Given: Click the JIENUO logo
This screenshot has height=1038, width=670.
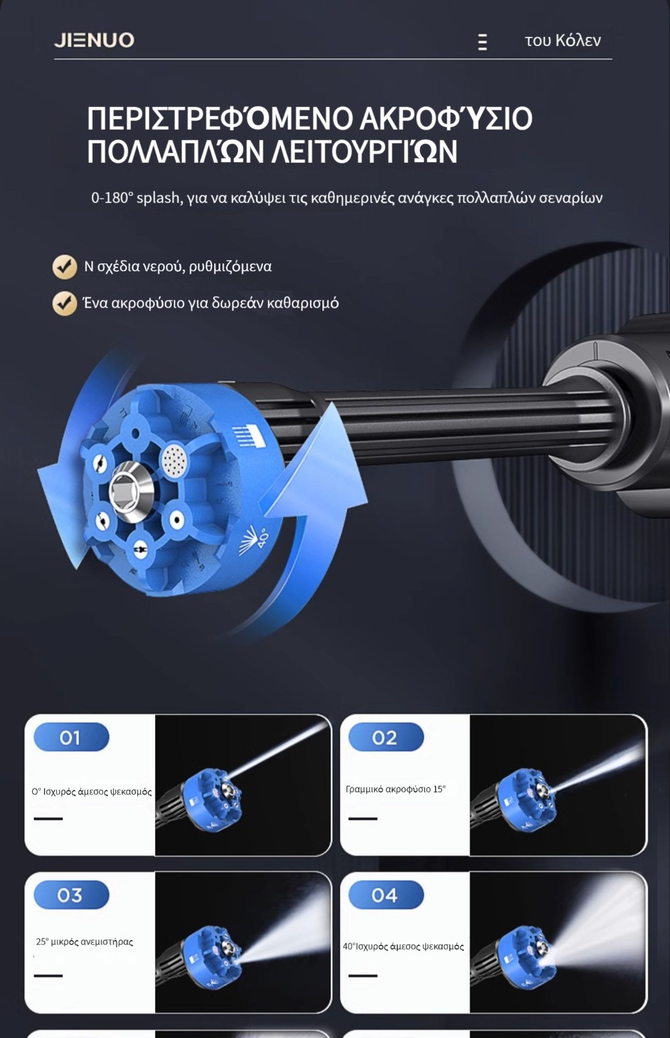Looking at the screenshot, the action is point(94,40).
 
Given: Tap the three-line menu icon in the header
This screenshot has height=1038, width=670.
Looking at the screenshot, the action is point(483,42).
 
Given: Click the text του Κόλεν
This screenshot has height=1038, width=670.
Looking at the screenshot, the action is point(562,40).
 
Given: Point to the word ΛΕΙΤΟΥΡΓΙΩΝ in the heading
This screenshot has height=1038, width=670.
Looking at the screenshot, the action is point(365,151).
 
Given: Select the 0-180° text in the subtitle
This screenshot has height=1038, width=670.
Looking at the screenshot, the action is point(112,198).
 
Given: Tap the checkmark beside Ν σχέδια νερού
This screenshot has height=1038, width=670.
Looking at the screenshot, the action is point(64,267).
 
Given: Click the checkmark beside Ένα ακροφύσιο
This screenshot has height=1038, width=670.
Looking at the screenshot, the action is point(64,304).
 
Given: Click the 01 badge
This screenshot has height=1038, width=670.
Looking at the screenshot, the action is point(71,737).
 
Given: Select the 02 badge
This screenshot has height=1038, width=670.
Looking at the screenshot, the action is point(386,737).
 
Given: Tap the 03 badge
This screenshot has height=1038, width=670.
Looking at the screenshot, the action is point(71,895).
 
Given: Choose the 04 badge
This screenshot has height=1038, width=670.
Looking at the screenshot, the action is point(386,895).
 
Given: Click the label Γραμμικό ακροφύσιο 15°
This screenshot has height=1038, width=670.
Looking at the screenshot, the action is point(396,789).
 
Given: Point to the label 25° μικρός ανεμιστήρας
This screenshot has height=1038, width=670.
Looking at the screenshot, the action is point(84,941).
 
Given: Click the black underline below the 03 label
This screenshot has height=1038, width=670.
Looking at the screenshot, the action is point(48,976).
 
